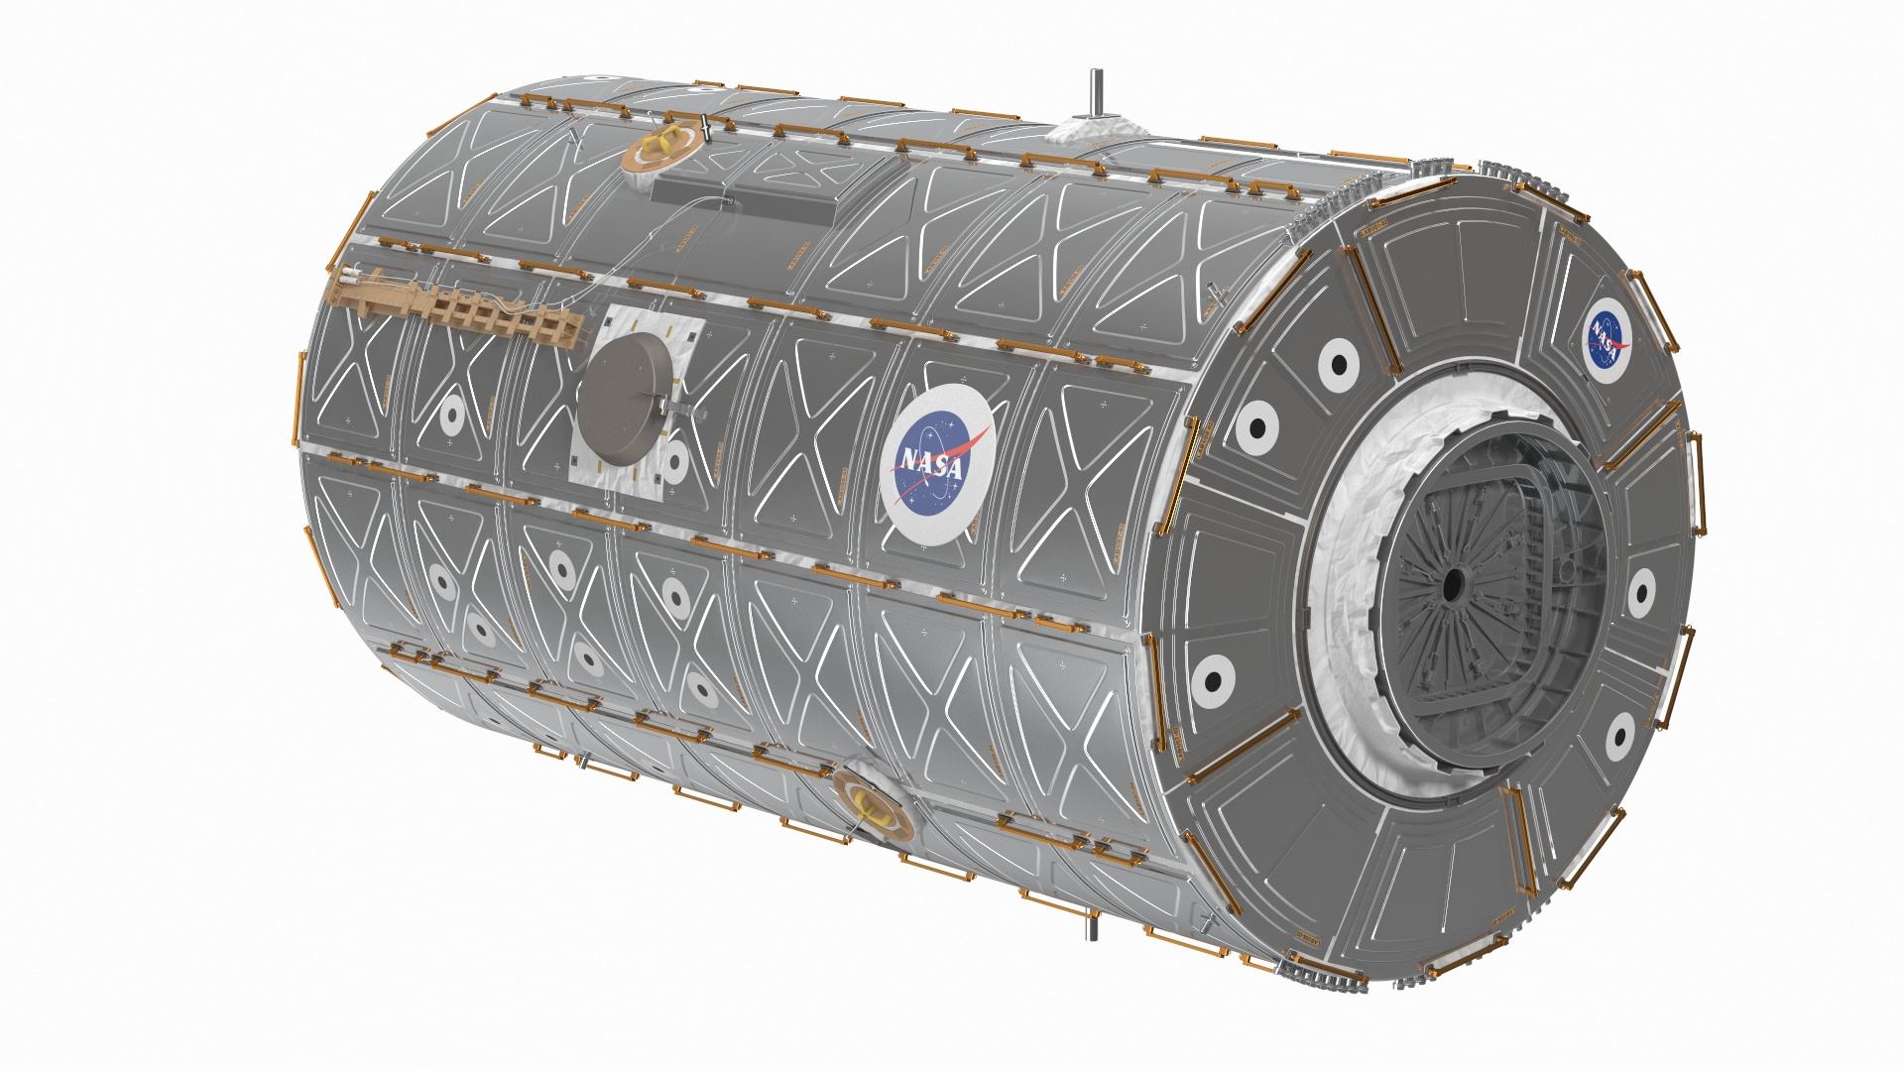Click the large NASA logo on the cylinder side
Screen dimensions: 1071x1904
point(937,462)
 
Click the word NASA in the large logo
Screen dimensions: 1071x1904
point(931,463)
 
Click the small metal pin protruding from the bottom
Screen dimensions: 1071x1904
point(1093,930)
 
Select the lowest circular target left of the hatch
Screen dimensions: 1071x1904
point(1212,679)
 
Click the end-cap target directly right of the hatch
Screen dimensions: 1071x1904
point(1641,592)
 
